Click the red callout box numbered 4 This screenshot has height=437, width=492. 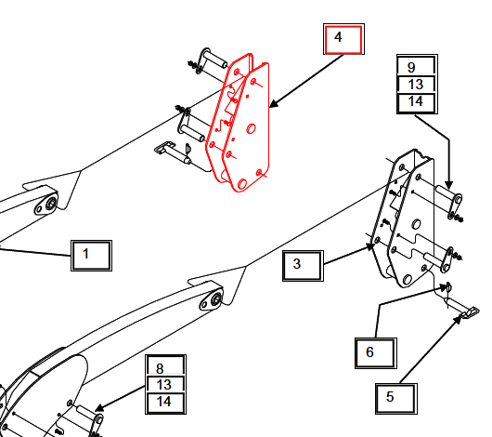point(343,39)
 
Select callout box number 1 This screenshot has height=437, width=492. point(91,256)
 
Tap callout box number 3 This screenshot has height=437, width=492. point(303,265)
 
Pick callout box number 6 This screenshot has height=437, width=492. point(376,353)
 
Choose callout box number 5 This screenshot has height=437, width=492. point(396,398)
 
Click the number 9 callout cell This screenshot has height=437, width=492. point(417,65)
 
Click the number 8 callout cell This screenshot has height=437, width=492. point(165,365)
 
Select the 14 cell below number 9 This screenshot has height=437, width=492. point(417,103)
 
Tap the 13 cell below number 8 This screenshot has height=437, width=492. point(165,385)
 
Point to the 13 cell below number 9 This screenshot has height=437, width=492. point(417,85)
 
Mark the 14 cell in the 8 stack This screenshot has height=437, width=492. point(165,404)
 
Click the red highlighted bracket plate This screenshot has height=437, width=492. point(239,123)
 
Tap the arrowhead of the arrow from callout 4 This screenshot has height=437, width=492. point(274,104)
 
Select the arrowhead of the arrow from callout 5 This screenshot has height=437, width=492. point(458,320)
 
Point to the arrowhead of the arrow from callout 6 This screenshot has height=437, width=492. point(443,287)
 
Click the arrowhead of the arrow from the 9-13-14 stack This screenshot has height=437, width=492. point(449,185)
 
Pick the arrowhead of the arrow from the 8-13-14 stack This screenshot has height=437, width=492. point(99,408)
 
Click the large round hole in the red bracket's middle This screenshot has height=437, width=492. point(251,128)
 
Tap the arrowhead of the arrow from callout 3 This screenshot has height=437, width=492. point(371,246)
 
